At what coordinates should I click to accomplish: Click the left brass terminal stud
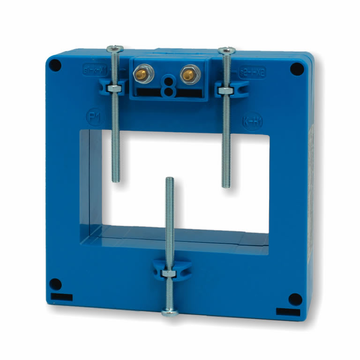(140, 73)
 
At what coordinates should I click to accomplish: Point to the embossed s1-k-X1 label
(95, 69)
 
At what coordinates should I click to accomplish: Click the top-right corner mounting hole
(296, 69)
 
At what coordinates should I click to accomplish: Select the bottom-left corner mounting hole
(55, 284)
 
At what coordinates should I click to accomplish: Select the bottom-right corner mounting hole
(294, 298)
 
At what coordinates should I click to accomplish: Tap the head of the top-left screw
(115, 48)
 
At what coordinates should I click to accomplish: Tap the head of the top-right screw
(227, 50)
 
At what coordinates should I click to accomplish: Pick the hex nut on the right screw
(226, 90)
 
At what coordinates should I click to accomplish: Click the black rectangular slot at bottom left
(61, 297)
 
